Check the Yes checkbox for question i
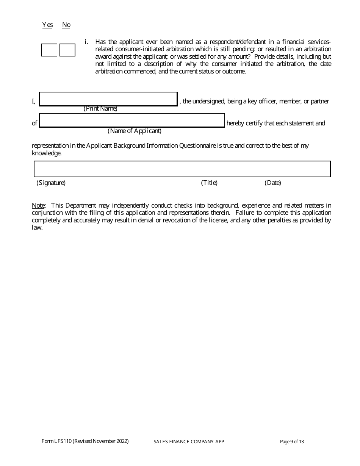[49, 50]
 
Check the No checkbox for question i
[67, 50]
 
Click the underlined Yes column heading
[47, 25]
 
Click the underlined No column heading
[66, 25]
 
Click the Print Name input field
[108, 99]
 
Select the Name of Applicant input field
[132, 120]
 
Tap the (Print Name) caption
[100, 109]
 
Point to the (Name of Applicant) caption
[135, 131]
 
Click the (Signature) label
[51, 183]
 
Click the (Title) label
[209, 183]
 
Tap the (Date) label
[273, 183]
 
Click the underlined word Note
[38, 205]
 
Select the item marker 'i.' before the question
[86, 42]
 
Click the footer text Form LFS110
[85, 441]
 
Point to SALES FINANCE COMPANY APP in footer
[189, 442]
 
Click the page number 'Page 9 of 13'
[292, 442]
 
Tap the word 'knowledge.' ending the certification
[47, 153]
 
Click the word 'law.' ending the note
[37, 228]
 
